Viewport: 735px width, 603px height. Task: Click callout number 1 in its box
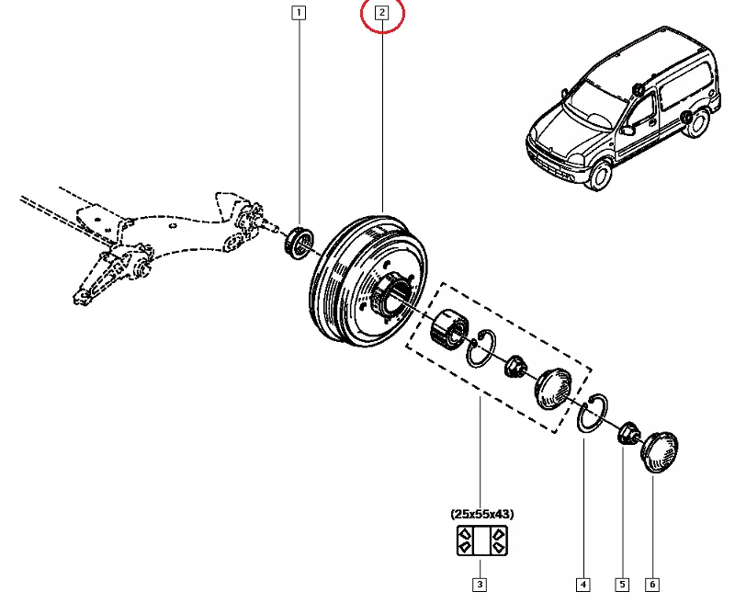(x=299, y=14)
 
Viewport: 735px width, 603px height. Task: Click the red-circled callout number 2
(x=382, y=14)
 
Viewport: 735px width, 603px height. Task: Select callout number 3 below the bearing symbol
(x=479, y=584)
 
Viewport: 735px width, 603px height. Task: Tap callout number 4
(x=582, y=584)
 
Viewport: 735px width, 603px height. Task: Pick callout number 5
(x=622, y=584)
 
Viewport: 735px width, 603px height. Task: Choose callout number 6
(x=653, y=584)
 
